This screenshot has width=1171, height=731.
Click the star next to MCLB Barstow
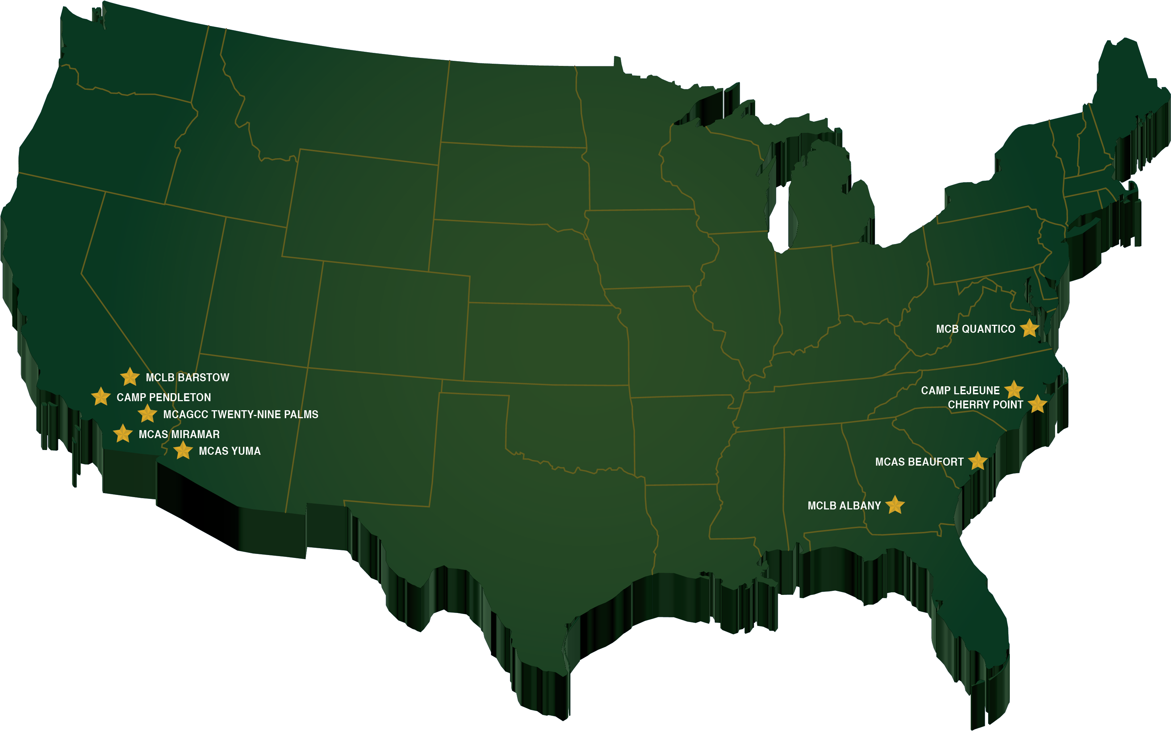tap(130, 377)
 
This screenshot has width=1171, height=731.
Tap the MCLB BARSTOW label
tap(188, 378)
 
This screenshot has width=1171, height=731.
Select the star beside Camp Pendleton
tap(101, 396)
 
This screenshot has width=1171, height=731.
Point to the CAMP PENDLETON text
tap(164, 398)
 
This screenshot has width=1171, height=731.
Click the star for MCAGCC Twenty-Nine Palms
tap(147, 414)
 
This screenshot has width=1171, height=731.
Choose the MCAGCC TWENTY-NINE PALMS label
tap(241, 414)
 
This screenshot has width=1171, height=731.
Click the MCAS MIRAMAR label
tap(179, 434)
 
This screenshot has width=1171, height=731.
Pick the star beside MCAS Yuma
tap(183, 450)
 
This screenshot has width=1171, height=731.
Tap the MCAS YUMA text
tap(230, 451)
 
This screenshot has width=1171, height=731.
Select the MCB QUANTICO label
tap(975, 329)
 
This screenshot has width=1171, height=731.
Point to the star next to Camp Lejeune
tap(1014, 390)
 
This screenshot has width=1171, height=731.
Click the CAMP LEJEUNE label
tap(960, 391)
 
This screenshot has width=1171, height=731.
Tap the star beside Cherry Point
tap(1037, 404)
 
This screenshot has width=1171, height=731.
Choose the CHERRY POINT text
tap(985, 405)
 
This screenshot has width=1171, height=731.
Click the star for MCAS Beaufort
tap(978, 461)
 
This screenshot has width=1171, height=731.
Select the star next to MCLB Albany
tap(895, 505)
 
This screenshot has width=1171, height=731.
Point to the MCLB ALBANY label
tap(844, 506)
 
